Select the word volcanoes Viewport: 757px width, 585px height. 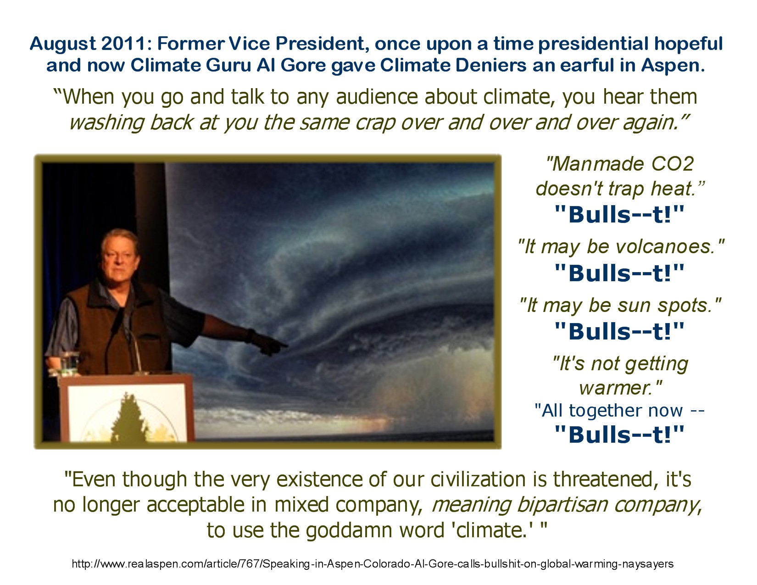pos(666,247)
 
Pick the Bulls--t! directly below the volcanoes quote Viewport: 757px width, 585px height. pos(619,273)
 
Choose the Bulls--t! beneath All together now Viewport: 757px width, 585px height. pos(619,435)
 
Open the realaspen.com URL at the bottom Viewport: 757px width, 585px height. pos(373,564)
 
